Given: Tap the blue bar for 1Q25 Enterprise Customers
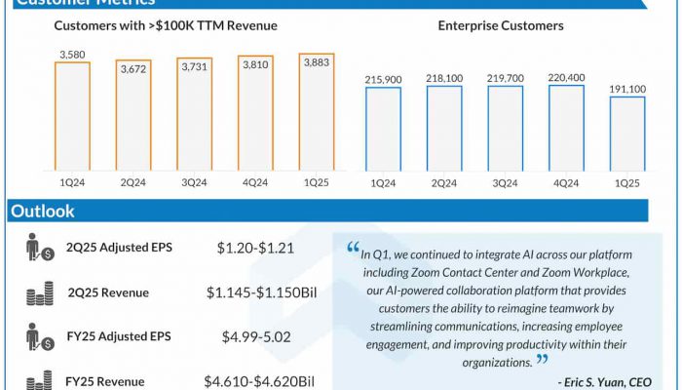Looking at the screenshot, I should (627, 134).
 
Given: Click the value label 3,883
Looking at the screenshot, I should (316, 61).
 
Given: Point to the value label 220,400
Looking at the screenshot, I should (566, 76).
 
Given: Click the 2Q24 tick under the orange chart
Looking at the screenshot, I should (133, 182).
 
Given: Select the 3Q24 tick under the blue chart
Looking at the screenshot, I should (506, 182).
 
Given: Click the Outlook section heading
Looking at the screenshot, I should (43, 212).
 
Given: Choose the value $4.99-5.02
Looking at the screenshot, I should (255, 337).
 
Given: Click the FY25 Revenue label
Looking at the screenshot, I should (105, 382).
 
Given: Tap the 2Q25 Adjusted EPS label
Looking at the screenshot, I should (119, 248).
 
